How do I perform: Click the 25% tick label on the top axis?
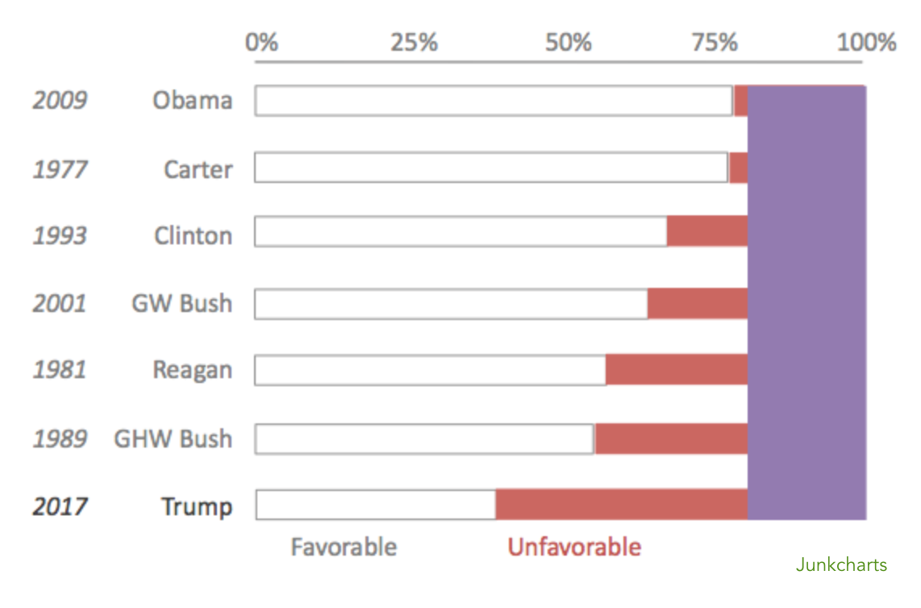coord(414,42)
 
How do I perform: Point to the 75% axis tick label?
coord(715,42)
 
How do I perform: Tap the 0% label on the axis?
coord(262,42)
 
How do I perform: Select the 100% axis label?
coord(866,42)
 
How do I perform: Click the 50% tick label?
coord(568,42)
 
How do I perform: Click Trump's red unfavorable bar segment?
coord(621,505)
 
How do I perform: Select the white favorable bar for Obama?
coord(494,101)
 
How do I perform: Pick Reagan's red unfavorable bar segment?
coord(676,369)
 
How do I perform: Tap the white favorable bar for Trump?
coord(376,505)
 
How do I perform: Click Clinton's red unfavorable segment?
coord(706,231)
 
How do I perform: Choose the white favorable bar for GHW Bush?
coord(424,439)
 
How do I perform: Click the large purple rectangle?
coord(806,302)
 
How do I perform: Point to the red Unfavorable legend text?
coord(574,548)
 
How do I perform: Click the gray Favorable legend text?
coord(344,548)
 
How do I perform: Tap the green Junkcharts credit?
coord(841,565)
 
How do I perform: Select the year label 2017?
coord(60,507)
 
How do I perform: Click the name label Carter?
coord(198,169)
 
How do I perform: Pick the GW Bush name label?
coord(181,304)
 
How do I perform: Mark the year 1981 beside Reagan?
coord(60,370)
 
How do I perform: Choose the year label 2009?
coord(60,101)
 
